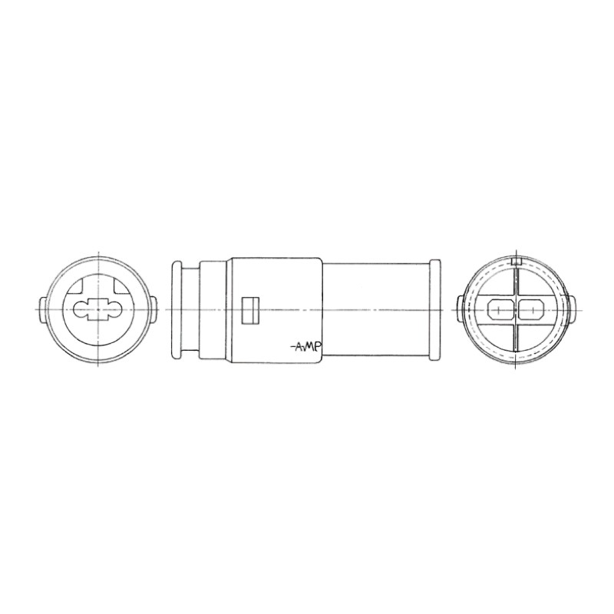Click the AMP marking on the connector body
pyautogui.click(x=306, y=347)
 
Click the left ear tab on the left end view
pyautogui.click(x=42, y=309)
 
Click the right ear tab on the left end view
pyautogui.click(x=156, y=309)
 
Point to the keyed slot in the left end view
pyautogui.click(x=99, y=312)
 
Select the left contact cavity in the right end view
pyautogui.click(x=500, y=310)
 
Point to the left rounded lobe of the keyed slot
pyautogui.click(x=83, y=312)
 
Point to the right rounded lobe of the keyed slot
pyautogui.click(x=115, y=312)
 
